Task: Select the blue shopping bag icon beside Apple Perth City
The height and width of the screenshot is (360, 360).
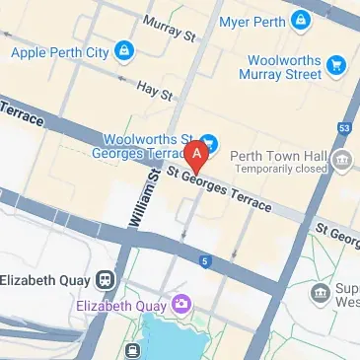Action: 122,49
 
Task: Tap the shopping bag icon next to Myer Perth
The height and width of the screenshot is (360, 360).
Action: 301,20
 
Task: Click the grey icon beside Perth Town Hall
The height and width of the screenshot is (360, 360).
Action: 343,161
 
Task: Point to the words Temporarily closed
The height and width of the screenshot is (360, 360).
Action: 279,169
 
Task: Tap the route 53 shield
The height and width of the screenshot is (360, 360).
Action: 344,128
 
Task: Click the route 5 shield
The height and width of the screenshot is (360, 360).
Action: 204,261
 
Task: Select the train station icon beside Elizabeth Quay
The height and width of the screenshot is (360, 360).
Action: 106,279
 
